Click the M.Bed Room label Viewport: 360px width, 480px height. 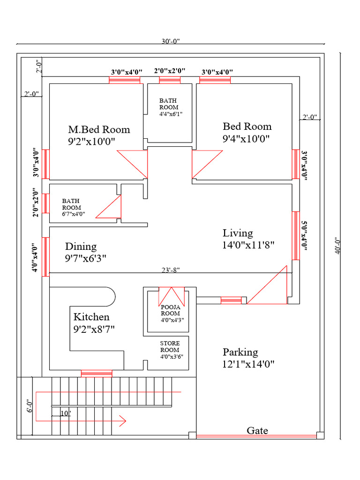click(99, 129)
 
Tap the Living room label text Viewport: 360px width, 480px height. click(238, 233)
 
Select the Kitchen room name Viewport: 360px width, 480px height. click(91, 317)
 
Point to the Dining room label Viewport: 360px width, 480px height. click(81, 247)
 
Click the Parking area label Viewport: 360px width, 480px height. click(240, 352)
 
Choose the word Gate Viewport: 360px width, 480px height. click(257, 430)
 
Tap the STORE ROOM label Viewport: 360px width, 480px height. click(170, 346)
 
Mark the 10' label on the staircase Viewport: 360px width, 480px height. click(66, 413)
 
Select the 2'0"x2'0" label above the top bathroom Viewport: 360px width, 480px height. click(170, 71)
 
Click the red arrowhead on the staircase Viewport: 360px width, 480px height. click(123, 420)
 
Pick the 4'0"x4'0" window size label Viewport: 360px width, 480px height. click(35, 258)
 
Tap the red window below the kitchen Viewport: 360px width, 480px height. click(97, 374)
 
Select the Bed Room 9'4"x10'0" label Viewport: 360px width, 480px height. click(247, 132)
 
